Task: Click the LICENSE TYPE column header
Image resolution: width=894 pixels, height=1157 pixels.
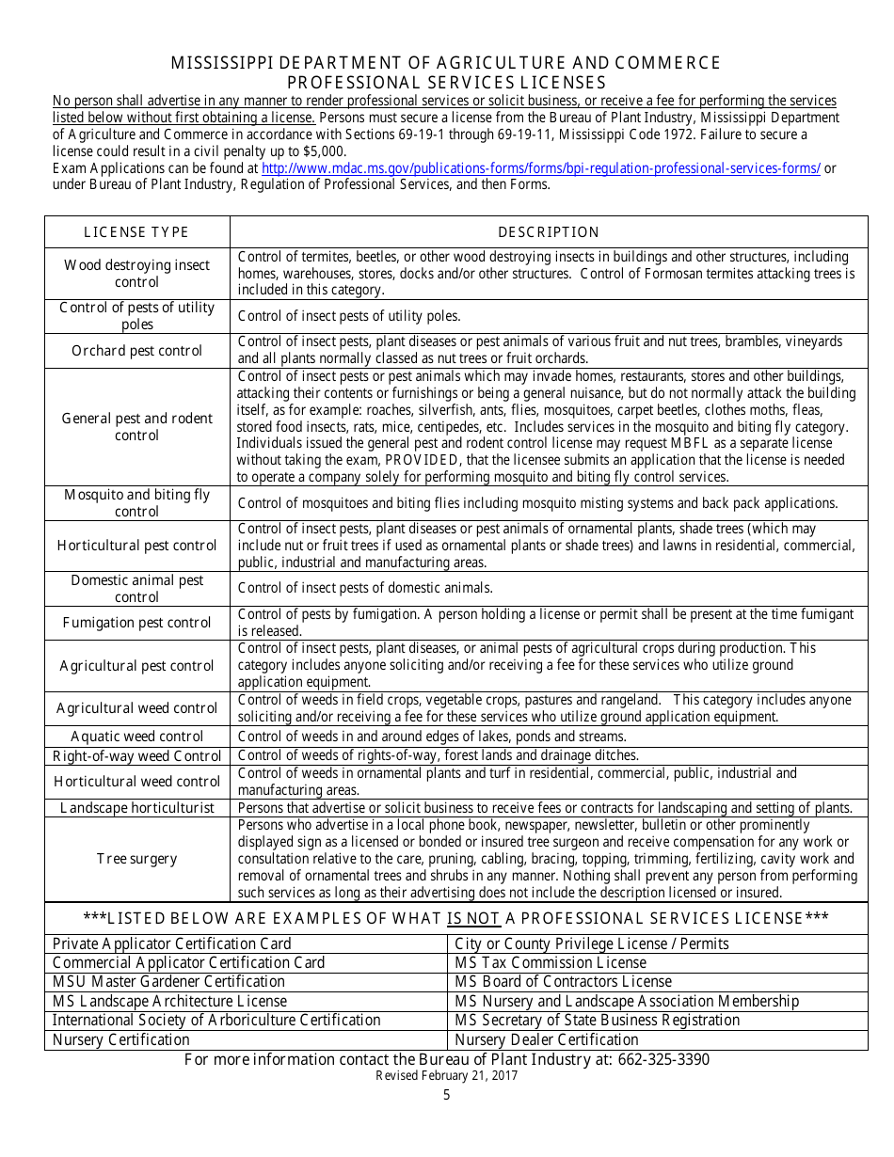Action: pos(136,232)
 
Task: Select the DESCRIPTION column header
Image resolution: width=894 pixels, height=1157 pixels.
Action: pos(548,232)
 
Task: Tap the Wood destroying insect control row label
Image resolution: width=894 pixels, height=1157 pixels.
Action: pos(136,274)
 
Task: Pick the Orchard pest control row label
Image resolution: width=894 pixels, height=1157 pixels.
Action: pos(136,351)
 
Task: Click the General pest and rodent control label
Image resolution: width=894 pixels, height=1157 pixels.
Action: pos(136,427)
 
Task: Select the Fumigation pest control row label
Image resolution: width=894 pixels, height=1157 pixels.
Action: pos(136,623)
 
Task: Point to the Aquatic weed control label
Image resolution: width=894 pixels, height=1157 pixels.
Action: pos(136,737)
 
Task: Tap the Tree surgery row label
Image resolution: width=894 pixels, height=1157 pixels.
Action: pos(136,859)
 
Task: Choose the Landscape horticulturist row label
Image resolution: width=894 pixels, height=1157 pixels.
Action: pos(136,808)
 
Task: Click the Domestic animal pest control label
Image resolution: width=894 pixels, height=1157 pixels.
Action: pos(136,589)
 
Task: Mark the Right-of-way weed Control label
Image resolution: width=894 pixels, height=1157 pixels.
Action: pos(136,756)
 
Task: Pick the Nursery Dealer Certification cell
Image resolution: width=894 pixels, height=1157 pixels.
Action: pos(547,1039)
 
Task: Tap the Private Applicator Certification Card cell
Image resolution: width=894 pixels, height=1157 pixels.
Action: pos(171,943)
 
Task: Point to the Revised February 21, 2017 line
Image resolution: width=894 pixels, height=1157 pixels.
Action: pos(446,1076)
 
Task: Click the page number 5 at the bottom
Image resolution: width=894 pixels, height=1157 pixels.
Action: pos(446,1095)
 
